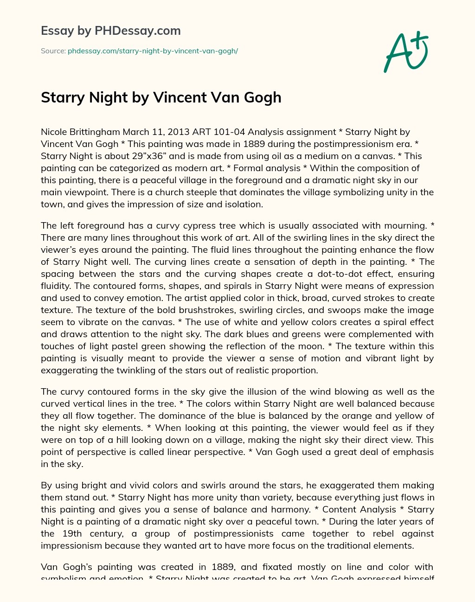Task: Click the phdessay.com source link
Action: coord(153,51)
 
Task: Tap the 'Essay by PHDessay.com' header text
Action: coord(110,31)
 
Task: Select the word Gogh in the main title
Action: coord(262,97)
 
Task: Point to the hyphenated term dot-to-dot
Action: coord(342,274)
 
